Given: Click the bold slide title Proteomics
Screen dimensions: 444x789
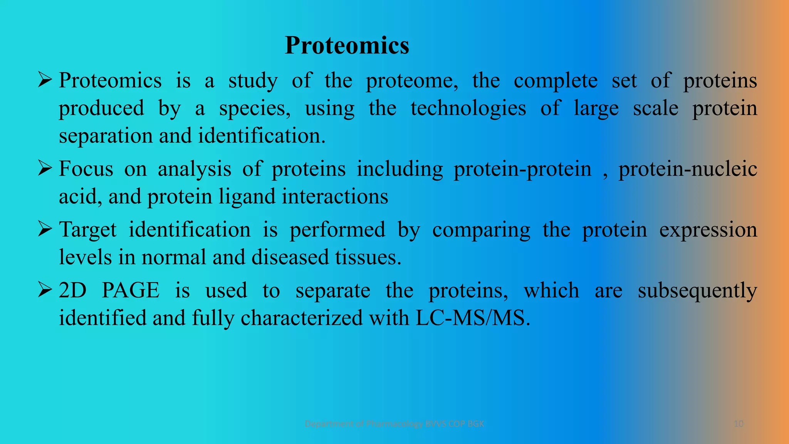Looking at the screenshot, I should [x=347, y=45].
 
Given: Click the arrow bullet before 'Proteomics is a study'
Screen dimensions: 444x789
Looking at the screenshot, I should [x=45, y=81].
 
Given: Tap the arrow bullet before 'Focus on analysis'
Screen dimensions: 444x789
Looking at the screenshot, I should [x=45, y=169].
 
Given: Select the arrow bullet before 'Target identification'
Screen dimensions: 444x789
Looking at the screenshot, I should [x=45, y=230].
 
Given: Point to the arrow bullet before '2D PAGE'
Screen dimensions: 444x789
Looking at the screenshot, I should [x=45, y=290].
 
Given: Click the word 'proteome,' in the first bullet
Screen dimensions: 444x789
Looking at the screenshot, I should [x=412, y=81].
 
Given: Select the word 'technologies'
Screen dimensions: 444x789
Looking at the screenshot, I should [x=468, y=108].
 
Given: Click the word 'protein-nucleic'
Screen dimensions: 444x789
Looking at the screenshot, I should [x=688, y=169].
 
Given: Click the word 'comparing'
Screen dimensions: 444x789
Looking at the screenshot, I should [x=481, y=230].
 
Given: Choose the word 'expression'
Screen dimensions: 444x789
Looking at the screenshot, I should [x=708, y=230].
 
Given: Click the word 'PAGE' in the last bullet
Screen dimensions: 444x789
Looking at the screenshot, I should [x=130, y=291].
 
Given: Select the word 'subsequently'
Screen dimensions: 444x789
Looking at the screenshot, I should [x=697, y=291].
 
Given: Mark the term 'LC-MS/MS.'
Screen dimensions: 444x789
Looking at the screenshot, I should [x=473, y=318].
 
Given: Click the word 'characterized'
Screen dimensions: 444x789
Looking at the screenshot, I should [x=302, y=318].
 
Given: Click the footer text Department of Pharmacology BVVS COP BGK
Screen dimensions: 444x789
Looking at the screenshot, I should [x=394, y=424].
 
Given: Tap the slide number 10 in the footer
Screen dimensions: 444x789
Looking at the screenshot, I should [x=738, y=424].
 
